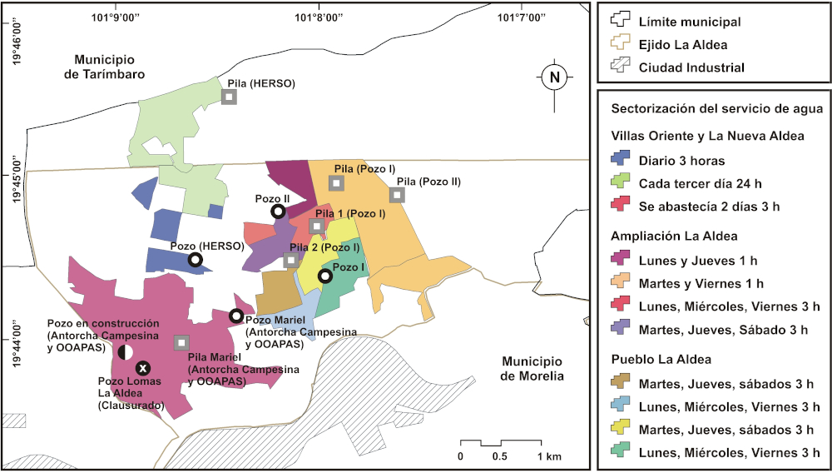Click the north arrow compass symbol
(x=555, y=78)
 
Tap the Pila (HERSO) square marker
(x=229, y=97)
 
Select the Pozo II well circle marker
(x=278, y=212)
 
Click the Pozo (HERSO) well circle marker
(x=196, y=260)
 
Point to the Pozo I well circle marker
(x=326, y=276)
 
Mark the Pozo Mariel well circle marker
(x=236, y=316)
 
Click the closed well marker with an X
(x=143, y=367)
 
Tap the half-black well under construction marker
(x=125, y=351)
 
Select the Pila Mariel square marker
(x=181, y=342)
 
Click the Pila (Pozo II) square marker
(x=398, y=195)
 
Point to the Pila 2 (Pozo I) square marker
(x=290, y=260)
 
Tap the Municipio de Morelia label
(x=532, y=369)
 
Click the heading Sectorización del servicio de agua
(x=716, y=109)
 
